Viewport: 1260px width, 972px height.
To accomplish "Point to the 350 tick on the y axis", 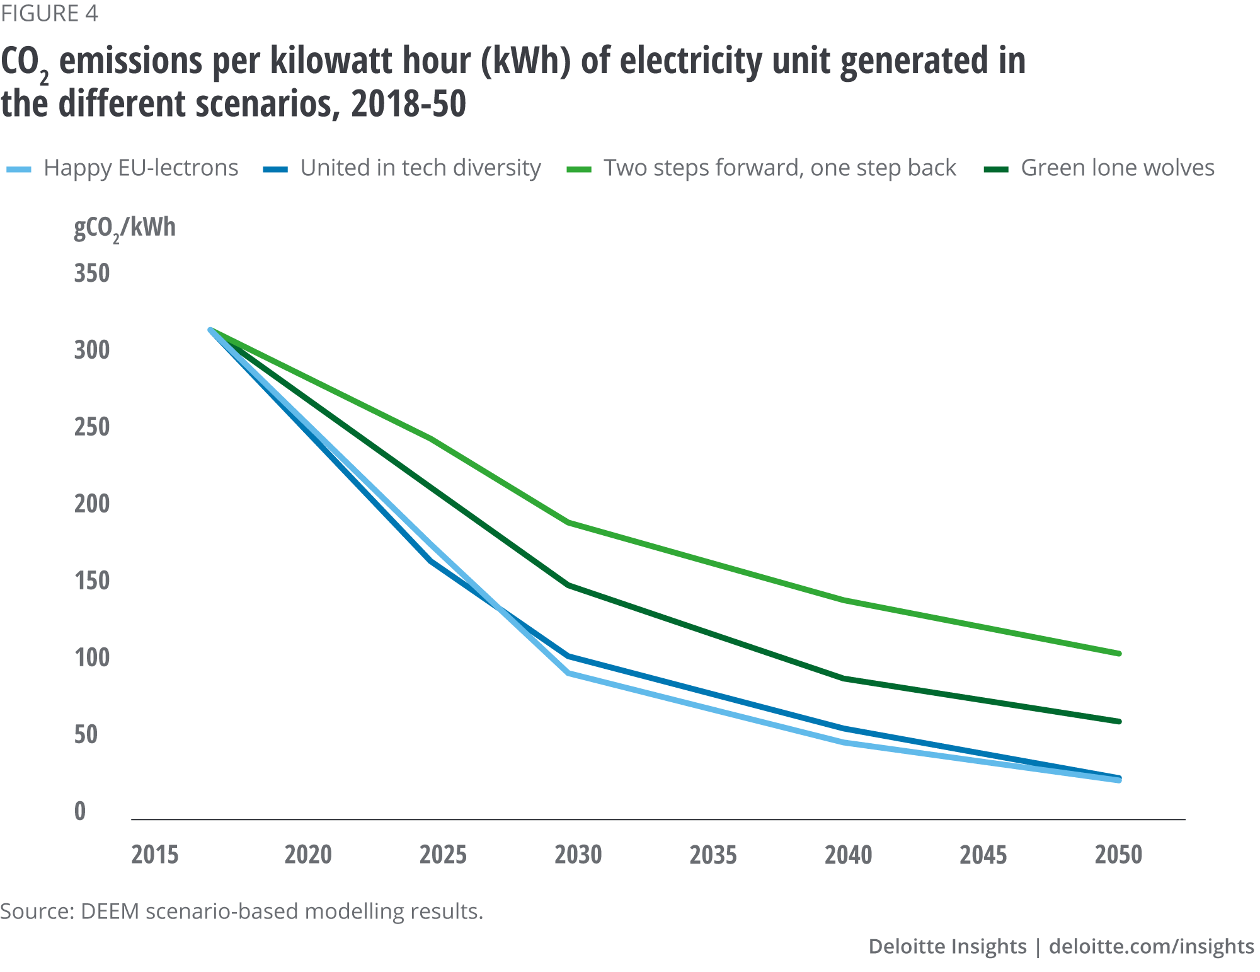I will tap(92, 274).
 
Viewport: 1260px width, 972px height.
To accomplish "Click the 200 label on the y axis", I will tap(92, 504).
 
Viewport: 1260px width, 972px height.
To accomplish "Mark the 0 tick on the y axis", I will tap(80, 811).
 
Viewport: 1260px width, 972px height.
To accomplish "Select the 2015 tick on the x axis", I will tap(155, 855).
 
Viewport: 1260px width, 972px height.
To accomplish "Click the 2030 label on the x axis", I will tap(578, 855).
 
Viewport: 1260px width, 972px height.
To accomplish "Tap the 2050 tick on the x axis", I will tap(1119, 855).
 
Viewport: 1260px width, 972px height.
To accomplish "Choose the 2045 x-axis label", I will tap(983, 855).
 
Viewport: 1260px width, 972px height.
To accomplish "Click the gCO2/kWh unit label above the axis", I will tap(125, 228).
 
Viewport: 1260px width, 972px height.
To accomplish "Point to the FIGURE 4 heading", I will tap(49, 14).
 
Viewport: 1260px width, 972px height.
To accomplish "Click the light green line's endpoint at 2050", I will tap(1119, 654).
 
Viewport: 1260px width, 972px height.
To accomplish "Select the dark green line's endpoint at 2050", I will tap(1119, 721).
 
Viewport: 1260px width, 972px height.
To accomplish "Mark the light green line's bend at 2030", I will tap(569, 523).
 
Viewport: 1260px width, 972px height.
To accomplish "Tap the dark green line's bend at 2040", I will tap(844, 679).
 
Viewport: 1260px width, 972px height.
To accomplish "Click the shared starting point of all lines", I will tap(210, 329).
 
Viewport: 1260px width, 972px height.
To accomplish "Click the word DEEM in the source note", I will tap(110, 911).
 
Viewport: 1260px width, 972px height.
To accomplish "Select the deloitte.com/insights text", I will tap(1151, 946).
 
